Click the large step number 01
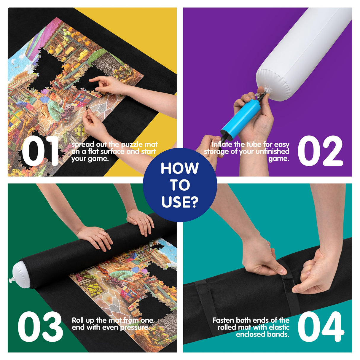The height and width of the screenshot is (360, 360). [40, 152]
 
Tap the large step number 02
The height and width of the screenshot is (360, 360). [320, 152]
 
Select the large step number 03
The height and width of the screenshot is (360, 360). [40, 327]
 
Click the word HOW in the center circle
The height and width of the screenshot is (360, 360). [180, 168]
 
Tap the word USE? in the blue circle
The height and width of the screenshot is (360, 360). [180, 202]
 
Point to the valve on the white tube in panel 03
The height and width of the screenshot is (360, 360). [12, 280]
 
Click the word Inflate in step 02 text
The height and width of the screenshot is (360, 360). [222, 144]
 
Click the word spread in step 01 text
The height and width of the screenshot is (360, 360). [82, 145]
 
